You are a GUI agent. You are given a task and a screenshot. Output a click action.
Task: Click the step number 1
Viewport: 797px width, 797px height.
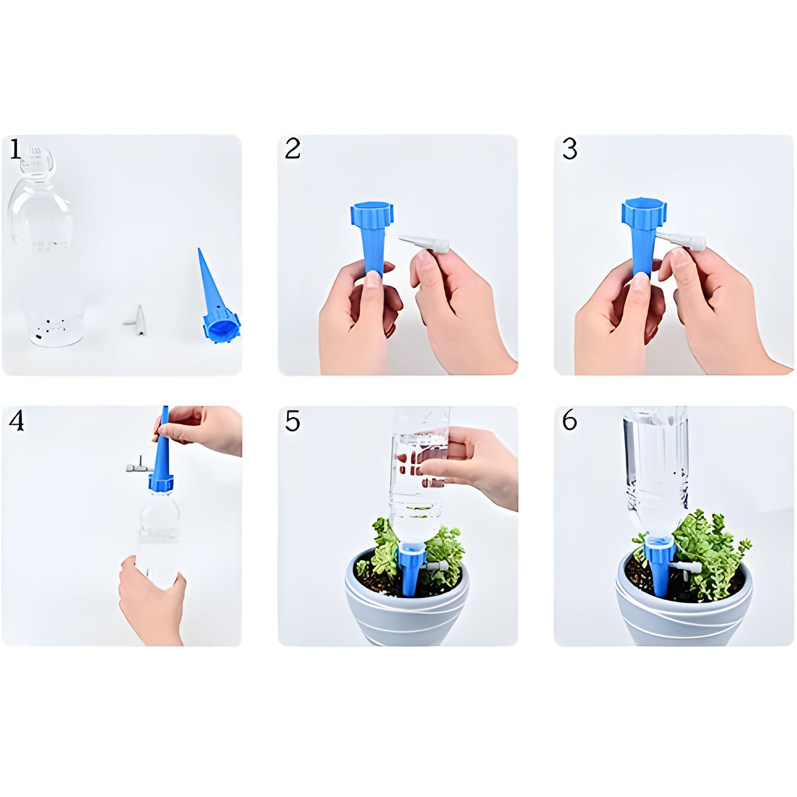click(x=15, y=149)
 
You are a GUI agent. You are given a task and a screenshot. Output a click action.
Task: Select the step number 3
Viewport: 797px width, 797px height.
click(x=570, y=149)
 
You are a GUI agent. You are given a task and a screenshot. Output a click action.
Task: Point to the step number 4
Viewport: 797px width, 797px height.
click(x=17, y=421)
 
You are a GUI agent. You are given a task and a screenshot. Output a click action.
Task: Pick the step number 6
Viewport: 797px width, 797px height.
click(x=570, y=420)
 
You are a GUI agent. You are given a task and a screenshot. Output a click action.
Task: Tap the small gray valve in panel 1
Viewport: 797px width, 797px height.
click(x=136, y=320)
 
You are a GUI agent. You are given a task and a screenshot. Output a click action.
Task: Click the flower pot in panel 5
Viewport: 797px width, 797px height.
click(x=406, y=599)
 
